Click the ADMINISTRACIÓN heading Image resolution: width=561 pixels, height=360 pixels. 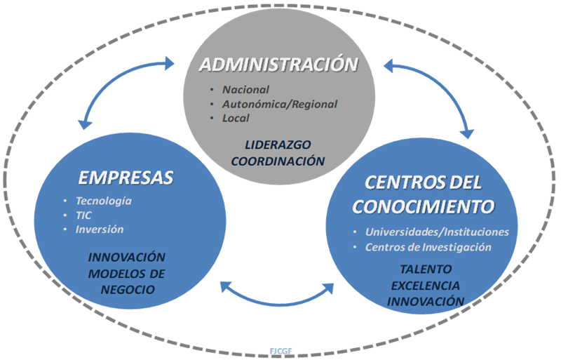point(279,66)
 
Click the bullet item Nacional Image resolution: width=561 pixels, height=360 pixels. point(245,90)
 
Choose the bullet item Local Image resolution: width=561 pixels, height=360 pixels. point(236,118)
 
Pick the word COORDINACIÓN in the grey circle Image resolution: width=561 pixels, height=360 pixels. point(278,161)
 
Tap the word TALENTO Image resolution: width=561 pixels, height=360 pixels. point(426,269)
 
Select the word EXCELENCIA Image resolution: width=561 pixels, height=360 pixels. point(426,286)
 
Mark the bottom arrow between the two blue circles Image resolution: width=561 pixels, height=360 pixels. point(278,300)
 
